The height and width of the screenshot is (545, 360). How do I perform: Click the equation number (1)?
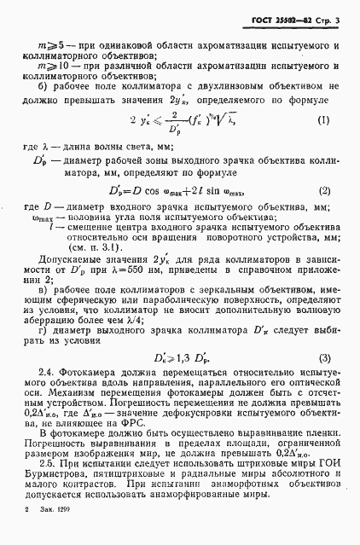(322, 120)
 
